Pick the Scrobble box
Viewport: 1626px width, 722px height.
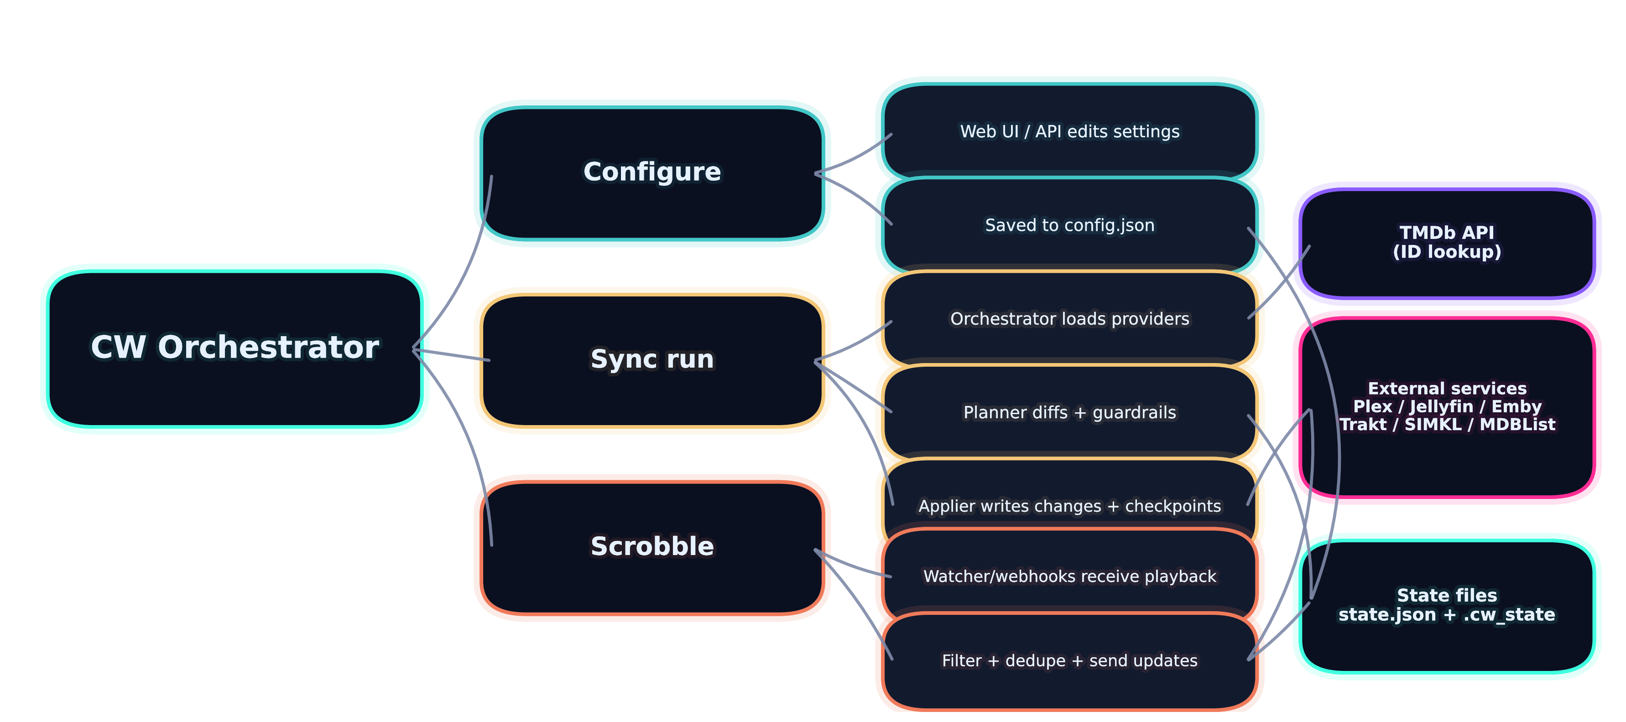click(652, 546)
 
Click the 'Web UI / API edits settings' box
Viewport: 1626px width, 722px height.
click(1069, 132)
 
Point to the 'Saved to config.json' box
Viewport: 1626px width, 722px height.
click(1069, 225)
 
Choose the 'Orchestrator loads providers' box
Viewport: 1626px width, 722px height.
click(1069, 319)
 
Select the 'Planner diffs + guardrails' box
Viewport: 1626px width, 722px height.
click(1069, 413)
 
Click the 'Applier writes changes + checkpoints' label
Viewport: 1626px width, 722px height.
click(1069, 506)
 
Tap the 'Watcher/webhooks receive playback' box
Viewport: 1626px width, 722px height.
click(1069, 576)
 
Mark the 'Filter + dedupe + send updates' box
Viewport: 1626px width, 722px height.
click(1069, 661)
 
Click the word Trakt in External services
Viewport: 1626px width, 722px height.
click(1363, 425)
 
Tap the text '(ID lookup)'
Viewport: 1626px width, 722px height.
click(1447, 252)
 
